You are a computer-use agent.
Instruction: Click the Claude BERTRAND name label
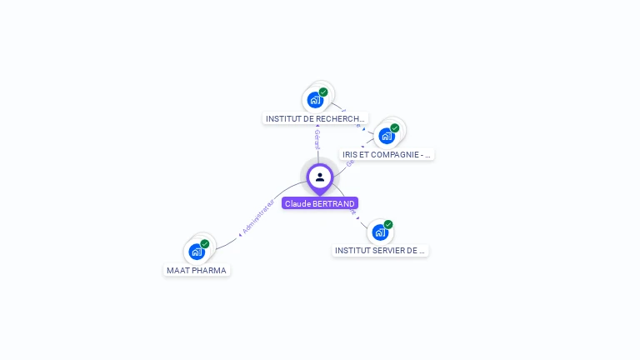pos(320,203)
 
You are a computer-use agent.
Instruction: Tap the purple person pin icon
pos(320,177)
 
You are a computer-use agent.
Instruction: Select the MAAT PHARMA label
pos(197,270)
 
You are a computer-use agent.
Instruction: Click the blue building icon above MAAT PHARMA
pos(197,251)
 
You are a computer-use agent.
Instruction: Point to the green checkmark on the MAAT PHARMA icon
pos(205,243)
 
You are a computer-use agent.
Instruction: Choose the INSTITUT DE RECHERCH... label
pos(315,119)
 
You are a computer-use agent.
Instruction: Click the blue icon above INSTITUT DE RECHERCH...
pos(315,100)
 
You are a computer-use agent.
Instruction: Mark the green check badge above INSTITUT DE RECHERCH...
pos(323,92)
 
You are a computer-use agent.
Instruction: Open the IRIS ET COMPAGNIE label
pos(387,155)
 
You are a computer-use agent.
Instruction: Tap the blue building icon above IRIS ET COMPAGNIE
pos(386,136)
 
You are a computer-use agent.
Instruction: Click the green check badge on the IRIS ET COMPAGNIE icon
pos(395,128)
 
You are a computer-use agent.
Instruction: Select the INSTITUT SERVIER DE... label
pos(380,250)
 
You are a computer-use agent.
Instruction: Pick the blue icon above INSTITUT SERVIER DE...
pos(380,232)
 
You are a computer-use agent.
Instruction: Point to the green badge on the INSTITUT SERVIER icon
pos(388,224)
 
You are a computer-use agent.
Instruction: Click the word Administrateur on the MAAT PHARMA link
pos(258,217)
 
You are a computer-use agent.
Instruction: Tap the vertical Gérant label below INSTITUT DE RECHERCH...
pos(317,139)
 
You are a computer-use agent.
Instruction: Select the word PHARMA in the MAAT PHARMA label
pos(208,270)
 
